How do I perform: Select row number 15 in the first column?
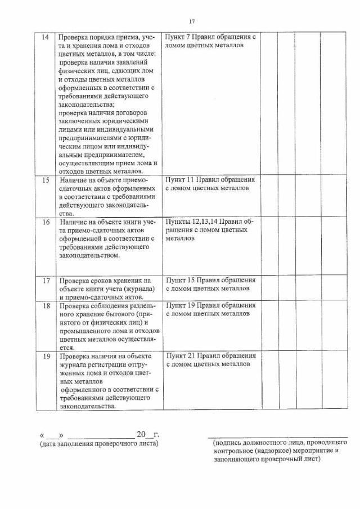point(45,180)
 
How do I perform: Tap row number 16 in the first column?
point(45,222)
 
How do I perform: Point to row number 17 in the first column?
point(45,280)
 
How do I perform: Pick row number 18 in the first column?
point(45,305)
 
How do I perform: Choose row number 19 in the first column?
point(45,356)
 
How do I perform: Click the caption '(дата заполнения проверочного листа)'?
point(99,445)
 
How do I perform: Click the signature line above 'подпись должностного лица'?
point(277,436)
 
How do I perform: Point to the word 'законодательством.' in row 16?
point(89,256)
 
